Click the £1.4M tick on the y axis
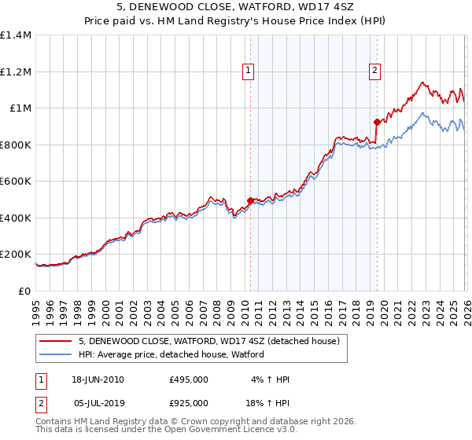coord(16,35)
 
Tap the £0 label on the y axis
coord(25,291)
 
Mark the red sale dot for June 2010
coord(250,201)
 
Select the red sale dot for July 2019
coord(377,122)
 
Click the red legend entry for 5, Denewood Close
coord(208,341)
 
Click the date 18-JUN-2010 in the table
coord(98,379)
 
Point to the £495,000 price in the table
coord(189,379)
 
